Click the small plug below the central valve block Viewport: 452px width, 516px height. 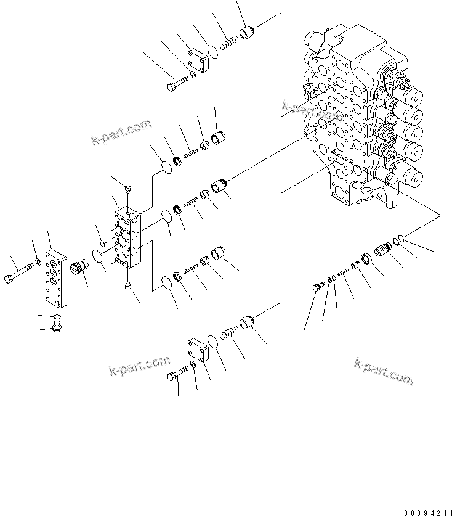[128, 285]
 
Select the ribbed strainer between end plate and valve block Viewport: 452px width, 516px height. [79, 269]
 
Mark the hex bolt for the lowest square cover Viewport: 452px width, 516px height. [177, 375]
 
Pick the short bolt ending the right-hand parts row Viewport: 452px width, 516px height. [319, 287]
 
